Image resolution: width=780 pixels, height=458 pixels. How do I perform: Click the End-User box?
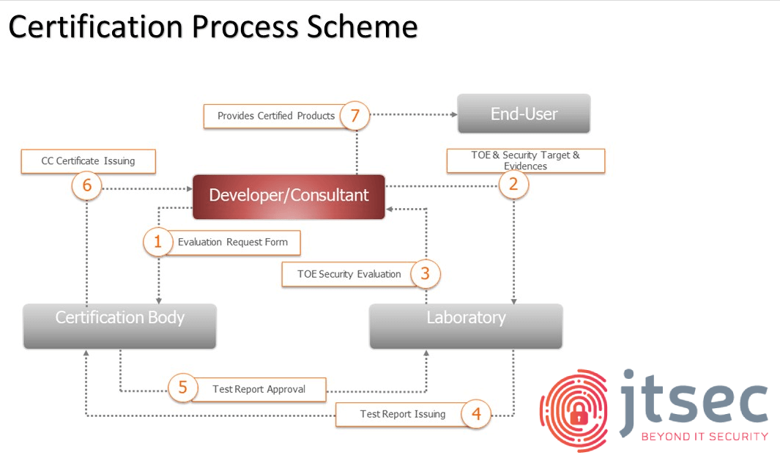524,114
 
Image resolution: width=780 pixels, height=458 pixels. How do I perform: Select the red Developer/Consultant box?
289,196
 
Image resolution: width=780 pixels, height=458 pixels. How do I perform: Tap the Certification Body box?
120,326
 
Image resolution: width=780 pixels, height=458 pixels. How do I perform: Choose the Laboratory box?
466,326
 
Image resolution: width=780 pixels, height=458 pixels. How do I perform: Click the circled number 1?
157,242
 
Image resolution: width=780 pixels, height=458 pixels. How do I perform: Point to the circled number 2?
513,184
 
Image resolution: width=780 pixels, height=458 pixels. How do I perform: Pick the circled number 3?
426,273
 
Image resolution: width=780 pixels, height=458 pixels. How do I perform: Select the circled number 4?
476,414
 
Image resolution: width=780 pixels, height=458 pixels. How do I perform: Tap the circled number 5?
182,388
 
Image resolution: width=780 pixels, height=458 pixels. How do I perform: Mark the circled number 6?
86,185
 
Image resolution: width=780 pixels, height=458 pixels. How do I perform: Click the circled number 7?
354,116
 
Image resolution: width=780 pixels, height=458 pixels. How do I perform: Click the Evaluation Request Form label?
233,243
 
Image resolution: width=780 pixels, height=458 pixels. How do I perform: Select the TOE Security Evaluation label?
349,274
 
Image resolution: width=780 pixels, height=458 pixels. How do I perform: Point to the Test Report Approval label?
259,389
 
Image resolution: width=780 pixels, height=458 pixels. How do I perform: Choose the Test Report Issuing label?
403,414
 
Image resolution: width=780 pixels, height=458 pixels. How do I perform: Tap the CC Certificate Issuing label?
88,161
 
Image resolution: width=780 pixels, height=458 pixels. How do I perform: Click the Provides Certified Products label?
276,116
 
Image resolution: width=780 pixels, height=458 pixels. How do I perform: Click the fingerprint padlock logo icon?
574,410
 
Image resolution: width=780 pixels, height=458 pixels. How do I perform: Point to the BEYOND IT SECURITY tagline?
705,437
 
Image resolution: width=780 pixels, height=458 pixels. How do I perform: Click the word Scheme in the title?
362,27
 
